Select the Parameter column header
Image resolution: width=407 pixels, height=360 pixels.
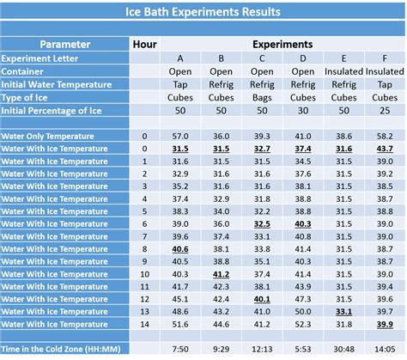pyautogui.click(x=65, y=44)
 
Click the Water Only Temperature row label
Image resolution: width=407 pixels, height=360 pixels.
pyautogui.click(x=55, y=136)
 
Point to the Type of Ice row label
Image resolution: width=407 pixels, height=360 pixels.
pyautogui.click(x=33, y=98)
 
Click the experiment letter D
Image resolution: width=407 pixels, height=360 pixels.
pyautogui.click(x=302, y=58)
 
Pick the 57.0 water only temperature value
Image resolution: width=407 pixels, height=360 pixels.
pyautogui.click(x=180, y=136)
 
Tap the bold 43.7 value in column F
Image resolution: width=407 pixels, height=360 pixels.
pyautogui.click(x=385, y=149)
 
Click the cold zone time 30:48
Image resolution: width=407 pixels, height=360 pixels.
pyautogui.click(x=343, y=348)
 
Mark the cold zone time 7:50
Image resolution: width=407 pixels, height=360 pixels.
pyautogui.click(x=180, y=348)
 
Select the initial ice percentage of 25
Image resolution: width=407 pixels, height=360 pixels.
pyautogui.click(x=385, y=111)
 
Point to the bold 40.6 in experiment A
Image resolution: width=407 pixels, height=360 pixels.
pyautogui.click(x=180, y=248)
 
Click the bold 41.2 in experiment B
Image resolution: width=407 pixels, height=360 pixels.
pyautogui.click(x=222, y=273)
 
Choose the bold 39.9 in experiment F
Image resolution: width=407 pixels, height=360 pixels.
pyautogui.click(x=385, y=323)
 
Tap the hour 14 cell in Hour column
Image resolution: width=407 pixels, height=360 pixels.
pyautogui.click(x=144, y=323)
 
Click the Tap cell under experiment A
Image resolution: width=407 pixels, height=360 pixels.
pyautogui.click(x=180, y=85)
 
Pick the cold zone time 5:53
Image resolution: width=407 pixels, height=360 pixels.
pyautogui.click(x=302, y=348)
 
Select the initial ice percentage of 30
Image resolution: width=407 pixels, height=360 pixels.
pyautogui.click(x=302, y=111)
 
